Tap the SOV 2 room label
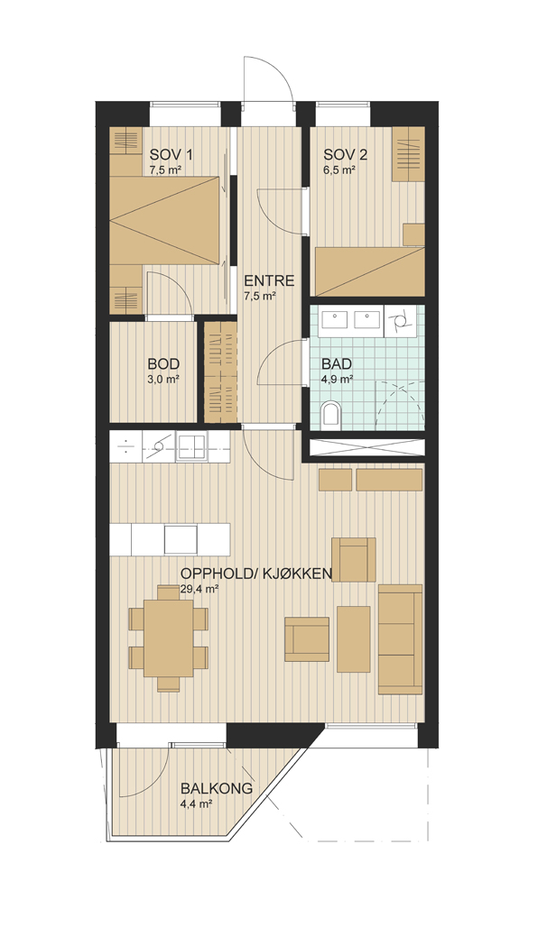point(346,156)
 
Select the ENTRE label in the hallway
point(268,280)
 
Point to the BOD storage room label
point(163,363)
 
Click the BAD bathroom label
point(338,363)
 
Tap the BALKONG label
point(217,789)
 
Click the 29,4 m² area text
point(198,589)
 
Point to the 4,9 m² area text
point(338,379)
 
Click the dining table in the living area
point(169,637)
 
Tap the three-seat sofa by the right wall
point(401,638)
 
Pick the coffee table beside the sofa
point(353,638)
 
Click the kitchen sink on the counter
point(191,447)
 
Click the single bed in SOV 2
point(369,271)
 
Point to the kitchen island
point(170,539)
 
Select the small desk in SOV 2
point(413,234)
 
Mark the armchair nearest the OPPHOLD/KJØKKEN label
point(353,559)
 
